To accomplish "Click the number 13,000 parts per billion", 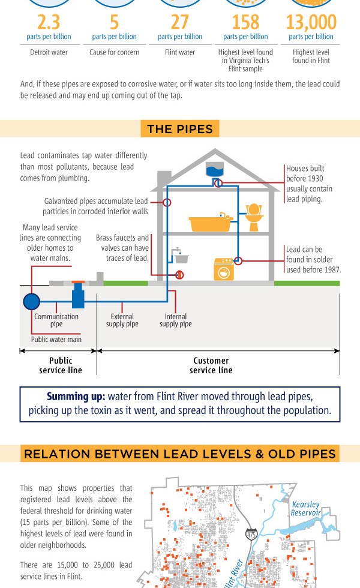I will point(311,22).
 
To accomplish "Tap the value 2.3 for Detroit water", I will point(49,22).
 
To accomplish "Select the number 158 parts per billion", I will point(245,22).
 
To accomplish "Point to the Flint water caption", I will point(179,52).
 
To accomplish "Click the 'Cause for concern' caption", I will point(114,52).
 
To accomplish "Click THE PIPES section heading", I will point(179,129).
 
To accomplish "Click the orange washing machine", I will point(224,269).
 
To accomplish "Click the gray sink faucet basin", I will point(180,258).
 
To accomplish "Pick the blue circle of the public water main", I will point(31,301).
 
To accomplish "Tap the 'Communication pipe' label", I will point(56,320).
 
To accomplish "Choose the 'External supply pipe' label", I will point(122,320).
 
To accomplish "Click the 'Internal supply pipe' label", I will point(176,320).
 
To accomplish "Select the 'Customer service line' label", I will point(211,365).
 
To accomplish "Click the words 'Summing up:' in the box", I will point(76,397).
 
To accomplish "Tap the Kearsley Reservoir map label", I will point(305,508).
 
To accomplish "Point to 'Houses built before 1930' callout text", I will point(309,184).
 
